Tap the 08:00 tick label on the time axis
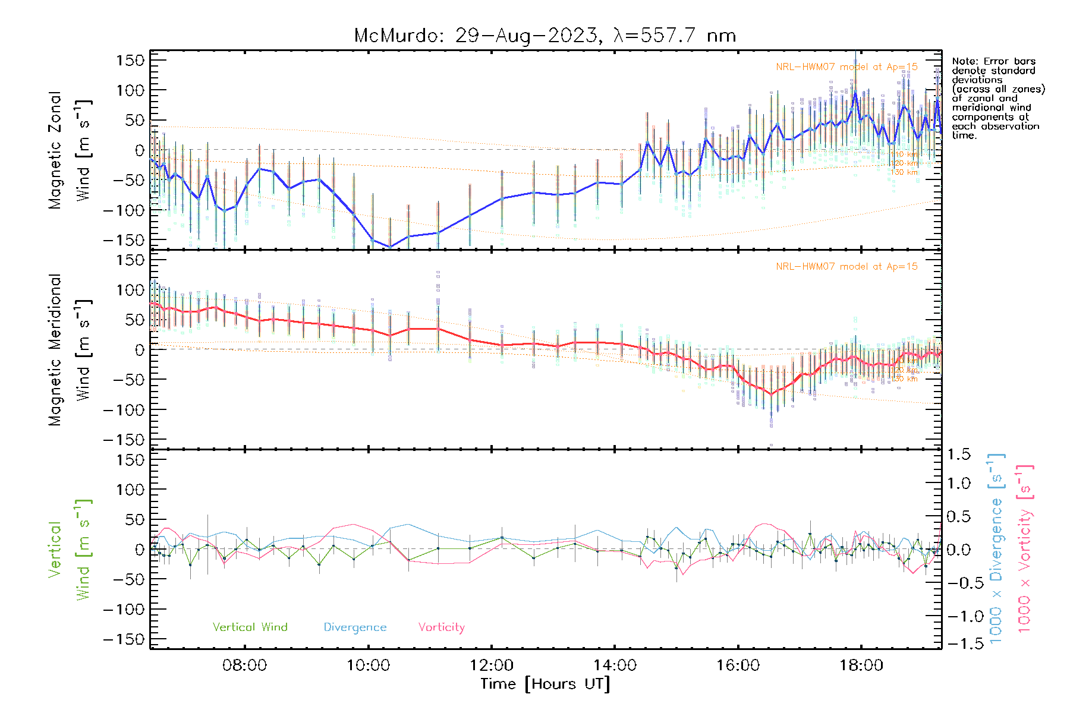pos(244,665)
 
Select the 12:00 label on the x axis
pos(491,665)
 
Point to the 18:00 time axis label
pos(861,665)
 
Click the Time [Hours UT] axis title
pos(545,684)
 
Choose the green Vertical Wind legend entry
pos(250,627)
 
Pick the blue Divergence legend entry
pos(355,627)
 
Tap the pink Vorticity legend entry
pos(441,627)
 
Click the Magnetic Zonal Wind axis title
pos(70,150)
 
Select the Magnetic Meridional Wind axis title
pos(70,349)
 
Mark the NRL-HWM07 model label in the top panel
pos(846,67)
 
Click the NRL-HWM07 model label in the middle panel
pos(846,266)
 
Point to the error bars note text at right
pos(997,98)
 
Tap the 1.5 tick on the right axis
pos(958,455)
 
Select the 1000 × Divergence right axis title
pos(996,548)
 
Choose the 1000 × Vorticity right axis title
pos(1025,548)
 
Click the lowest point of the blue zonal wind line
pos(390,247)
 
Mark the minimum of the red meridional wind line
pos(771,394)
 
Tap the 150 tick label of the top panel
pos(130,60)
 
